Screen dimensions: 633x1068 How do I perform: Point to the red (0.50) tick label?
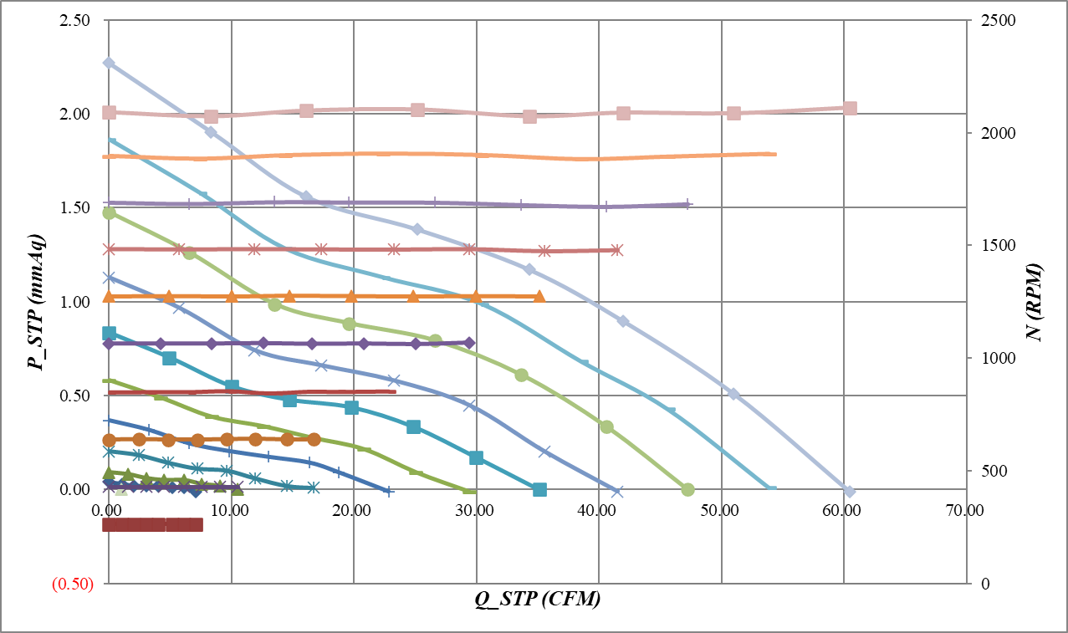tap(72, 585)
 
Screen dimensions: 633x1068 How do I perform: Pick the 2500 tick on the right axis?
tap(992, 20)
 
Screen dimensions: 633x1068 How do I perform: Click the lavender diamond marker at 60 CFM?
tap(850, 491)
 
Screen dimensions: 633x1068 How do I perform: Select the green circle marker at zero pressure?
tap(688, 489)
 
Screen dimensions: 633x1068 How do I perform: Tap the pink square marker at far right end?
tap(850, 108)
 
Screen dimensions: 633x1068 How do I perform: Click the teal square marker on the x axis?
tap(539, 489)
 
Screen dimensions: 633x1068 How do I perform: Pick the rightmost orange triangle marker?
tap(539, 296)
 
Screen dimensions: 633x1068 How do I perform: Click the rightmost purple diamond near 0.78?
tap(469, 343)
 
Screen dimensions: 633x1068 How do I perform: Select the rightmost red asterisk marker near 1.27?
tap(616, 250)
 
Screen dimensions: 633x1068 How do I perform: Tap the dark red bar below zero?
tap(152, 525)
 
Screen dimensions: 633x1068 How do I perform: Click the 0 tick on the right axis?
tap(980, 584)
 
